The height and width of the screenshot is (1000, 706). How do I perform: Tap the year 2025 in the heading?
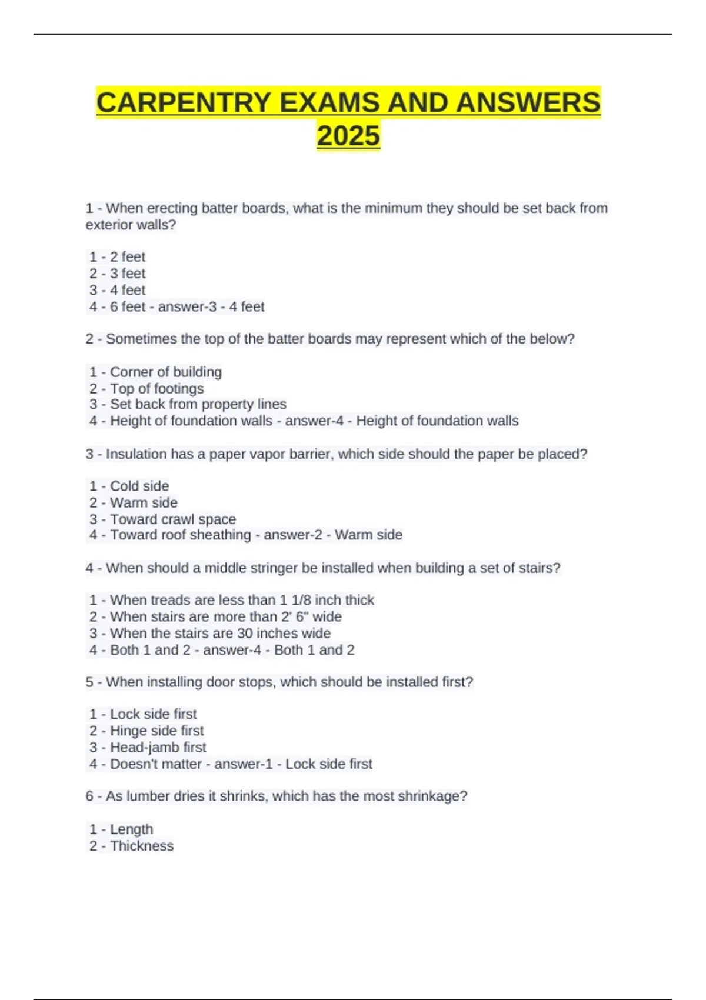tap(348, 136)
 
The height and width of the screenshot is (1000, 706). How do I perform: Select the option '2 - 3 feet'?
tap(117, 274)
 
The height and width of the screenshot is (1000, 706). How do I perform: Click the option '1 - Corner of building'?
tap(155, 372)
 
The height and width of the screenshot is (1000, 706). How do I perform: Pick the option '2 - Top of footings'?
tap(146, 388)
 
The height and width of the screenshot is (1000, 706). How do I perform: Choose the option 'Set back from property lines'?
tap(198, 404)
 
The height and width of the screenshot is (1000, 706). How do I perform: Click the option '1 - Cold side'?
tap(129, 486)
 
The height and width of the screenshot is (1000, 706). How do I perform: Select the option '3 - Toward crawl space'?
tap(162, 519)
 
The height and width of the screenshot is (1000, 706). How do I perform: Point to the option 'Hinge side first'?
tap(156, 731)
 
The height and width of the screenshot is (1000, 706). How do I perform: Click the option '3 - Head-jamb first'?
tap(148, 747)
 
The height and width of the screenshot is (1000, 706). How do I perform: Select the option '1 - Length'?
tap(121, 829)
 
